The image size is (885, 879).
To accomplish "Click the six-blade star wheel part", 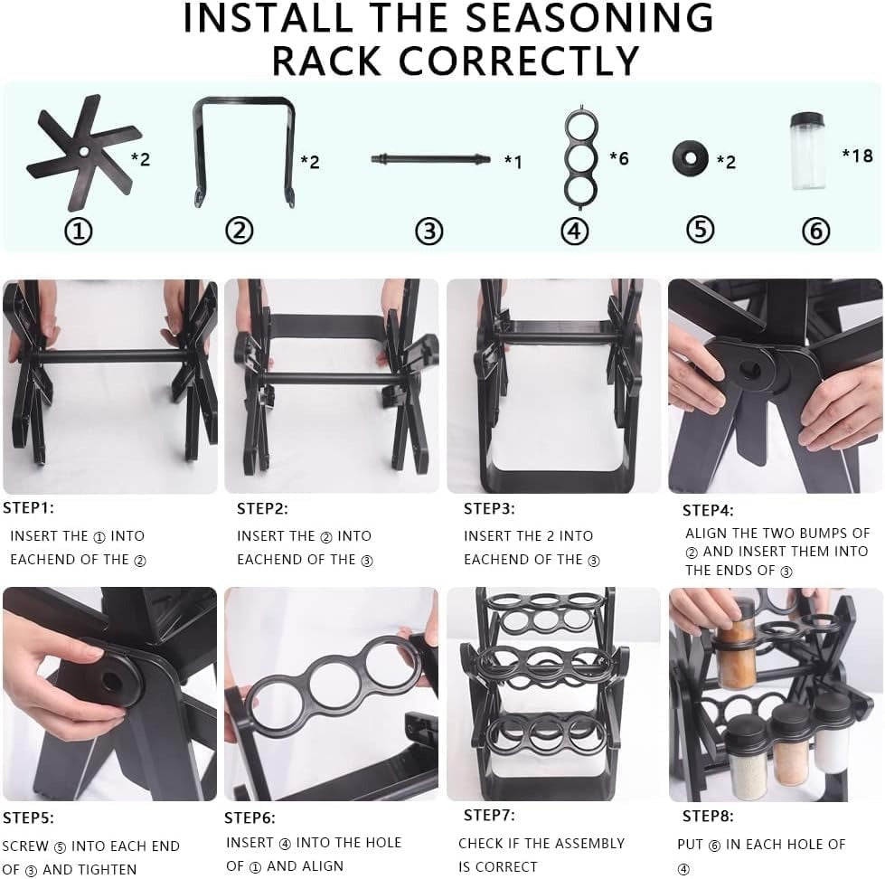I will (x=83, y=153).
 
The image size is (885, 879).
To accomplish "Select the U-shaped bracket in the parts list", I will (x=244, y=150).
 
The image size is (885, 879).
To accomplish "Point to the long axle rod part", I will (x=430, y=159).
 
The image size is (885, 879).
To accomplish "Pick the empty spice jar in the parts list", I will (x=807, y=151).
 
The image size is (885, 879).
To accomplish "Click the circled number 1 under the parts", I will (x=79, y=232).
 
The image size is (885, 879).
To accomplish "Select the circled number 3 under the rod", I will (x=428, y=232).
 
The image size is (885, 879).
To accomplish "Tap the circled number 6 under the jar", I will (x=815, y=232).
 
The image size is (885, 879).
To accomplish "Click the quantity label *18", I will (x=857, y=156).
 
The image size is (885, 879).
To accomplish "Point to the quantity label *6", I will (x=618, y=159).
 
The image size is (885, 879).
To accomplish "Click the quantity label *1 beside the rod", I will (x=513, y=162).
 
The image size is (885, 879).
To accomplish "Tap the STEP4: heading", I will (x=708, y=511).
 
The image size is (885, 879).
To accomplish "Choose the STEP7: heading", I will (x=489, y=816).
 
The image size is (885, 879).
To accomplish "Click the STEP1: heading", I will (x=28, y=508).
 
